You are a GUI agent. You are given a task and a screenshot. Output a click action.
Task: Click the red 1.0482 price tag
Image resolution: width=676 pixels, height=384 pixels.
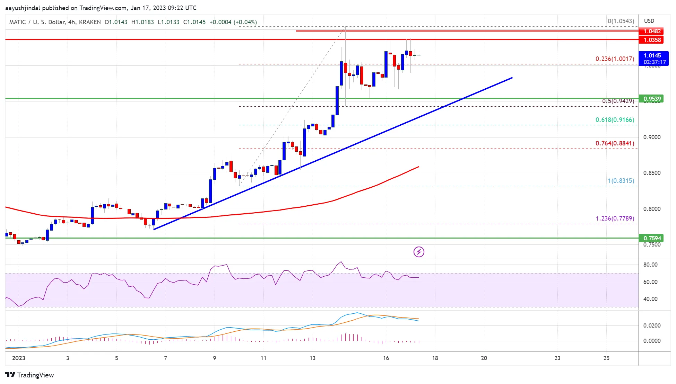click(652, 31)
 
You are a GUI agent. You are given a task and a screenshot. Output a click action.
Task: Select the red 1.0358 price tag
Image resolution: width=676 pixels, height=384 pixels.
click(652, 40)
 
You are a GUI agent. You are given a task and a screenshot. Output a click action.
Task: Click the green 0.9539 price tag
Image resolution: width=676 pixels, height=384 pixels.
click(652, 99)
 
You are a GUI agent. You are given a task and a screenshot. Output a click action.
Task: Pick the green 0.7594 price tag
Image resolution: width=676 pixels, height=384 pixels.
click(652, 238)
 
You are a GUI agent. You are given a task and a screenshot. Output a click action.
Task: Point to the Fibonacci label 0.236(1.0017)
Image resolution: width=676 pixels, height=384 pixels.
click(615, 59)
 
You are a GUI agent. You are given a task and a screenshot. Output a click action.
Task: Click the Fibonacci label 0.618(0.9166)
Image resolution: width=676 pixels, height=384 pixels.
click(615, 120)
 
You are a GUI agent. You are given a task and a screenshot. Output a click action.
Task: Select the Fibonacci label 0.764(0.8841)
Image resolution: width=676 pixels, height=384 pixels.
click(615, 143)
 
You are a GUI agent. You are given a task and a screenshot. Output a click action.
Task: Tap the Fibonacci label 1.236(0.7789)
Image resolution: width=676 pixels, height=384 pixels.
click(615, 218)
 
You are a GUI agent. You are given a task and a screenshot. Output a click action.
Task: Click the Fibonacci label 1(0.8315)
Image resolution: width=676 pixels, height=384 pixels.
click(621, 181)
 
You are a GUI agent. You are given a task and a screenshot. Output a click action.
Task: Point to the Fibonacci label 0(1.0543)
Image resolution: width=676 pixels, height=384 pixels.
click(621, 21)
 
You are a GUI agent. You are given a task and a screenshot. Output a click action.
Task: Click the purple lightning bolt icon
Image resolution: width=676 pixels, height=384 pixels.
click(419, 252)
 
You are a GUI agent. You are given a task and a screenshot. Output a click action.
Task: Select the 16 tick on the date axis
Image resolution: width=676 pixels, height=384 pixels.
click(386, 358)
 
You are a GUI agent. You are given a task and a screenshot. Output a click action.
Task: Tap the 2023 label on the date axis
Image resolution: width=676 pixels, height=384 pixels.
click(19, 358)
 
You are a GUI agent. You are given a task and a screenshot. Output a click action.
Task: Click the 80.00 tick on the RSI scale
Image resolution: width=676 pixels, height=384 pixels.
click(650, 265)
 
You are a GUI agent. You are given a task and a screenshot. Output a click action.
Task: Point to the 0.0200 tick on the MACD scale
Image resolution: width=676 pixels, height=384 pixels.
click(652, 325)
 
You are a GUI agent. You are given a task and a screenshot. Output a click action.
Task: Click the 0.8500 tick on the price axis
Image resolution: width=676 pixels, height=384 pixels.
click(652, 173)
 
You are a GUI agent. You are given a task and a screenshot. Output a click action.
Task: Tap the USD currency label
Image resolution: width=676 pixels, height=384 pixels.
click(649, 21)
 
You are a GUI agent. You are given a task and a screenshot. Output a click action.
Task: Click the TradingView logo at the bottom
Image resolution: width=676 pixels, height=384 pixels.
click(30, 375)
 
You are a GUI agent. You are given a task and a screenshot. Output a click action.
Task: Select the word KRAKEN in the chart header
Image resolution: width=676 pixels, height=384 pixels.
click(90, 22)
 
